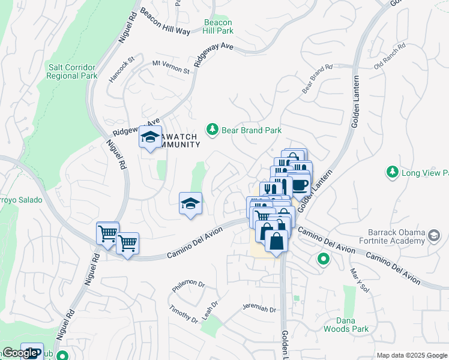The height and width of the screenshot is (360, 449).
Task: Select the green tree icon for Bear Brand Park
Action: coord(212,129)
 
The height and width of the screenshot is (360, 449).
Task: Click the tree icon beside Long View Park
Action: coord(392,173)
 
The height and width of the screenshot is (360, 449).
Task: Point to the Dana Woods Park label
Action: coord(346,325)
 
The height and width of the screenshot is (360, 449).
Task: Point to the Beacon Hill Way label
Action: coord(164,22)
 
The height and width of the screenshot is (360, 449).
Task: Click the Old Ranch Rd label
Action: coord(390,55)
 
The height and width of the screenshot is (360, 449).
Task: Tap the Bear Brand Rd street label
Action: coord(317,79)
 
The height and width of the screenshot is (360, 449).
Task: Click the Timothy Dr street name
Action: coord(183,313)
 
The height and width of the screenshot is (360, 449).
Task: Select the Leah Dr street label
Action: coord(211,310)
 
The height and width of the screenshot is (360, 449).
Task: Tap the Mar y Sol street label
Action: coord(358,280)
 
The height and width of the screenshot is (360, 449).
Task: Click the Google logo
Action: coord(20,353)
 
